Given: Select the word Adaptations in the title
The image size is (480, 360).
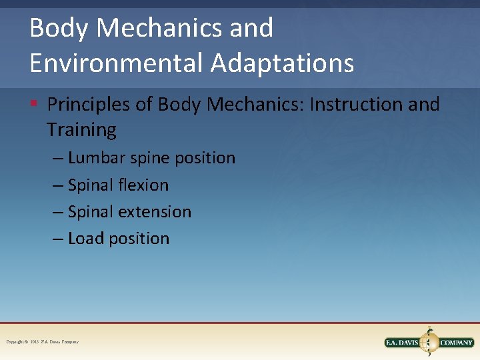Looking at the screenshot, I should pyautogui.click(x=283, y=63).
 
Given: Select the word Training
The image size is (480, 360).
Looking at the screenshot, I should pyautogui.click(x=81, y=129).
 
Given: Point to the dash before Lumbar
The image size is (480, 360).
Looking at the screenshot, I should pyautogui.click(x=59, y=159).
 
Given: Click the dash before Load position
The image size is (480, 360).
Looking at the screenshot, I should pyautogui.click(x=59, y=239).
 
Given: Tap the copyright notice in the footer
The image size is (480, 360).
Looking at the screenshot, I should pyautogui.click(x=43, y=342).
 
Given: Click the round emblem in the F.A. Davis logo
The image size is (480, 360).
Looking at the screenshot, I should pyautogui.click(x=429, y=342).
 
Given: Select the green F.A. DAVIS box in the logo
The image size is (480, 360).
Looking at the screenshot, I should pyautogui.click(x=404, y=343).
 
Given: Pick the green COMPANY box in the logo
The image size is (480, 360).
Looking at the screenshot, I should pyautogui.click(x=456, y=343).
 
